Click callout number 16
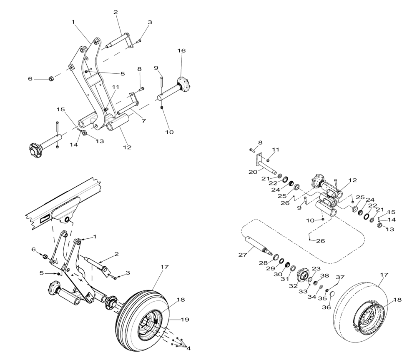(181, 50)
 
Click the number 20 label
(253, 172)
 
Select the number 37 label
(341, 277)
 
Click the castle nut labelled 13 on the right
(380, 225)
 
